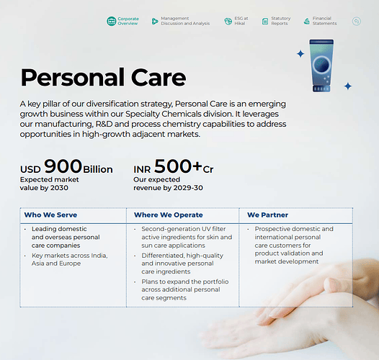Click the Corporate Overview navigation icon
point(112,22)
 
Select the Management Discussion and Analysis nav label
point(185,21)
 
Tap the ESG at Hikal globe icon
point(228,22)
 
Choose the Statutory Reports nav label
point(280,21)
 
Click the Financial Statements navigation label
point(324,21)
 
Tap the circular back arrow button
point(356,22)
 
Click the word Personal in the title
point(72,78)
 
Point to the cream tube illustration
point(321,66)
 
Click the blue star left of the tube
point(300,53)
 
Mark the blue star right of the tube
point(348,86)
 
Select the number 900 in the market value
point(63,166)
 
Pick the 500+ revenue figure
point(178,166)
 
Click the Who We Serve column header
point(50,215)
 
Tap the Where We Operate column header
point(169,215)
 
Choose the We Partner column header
point(267,215)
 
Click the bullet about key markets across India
point(70,259)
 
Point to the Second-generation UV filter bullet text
point(187,237)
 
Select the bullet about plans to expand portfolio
point(185,289)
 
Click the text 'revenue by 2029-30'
point(168,188)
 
